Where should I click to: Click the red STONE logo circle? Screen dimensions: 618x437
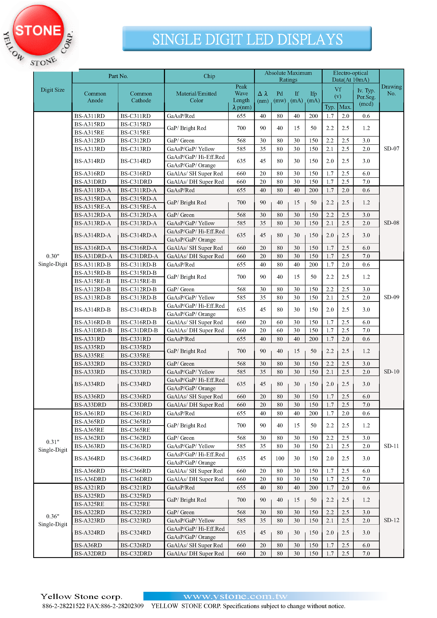coord(38,30)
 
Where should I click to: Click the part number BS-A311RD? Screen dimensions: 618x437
coord(89,116)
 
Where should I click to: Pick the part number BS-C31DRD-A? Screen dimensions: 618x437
coord(139,256)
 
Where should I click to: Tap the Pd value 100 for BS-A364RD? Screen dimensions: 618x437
coord(280,458)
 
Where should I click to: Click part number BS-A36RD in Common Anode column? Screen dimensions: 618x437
coord(88,545)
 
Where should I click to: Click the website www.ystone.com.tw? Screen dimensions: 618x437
coord(235,596)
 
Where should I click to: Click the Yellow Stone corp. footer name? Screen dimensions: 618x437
coord(81,596)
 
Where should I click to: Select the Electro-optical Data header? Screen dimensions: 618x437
coord(350,76)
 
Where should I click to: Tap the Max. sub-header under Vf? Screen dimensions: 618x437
coord(345,107)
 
